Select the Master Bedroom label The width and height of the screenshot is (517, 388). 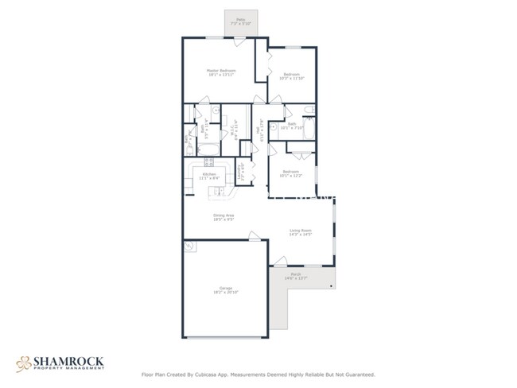click(x=222, y=72)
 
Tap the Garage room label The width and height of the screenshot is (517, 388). click(x=227, y=290)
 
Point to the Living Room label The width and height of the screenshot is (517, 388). click(x=300, y=232)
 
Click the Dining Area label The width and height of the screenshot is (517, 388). click(x=223, y=217)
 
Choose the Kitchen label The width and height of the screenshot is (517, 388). click(x=209, y=176)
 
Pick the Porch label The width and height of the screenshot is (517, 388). click(x=295, y=276)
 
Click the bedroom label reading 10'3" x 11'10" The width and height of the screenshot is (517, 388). click(x=291, y=76)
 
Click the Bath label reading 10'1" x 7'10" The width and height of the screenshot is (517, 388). click(x=292, y=126)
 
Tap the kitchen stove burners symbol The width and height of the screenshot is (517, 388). click(x=208, y=163)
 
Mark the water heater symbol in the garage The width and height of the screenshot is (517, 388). click(x=189, y=247)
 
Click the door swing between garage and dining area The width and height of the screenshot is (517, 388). click(x=254, y=235)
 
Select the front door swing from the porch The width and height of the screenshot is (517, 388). click(x=280, y=261)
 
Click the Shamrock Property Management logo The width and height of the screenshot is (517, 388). click(x=60, y=363)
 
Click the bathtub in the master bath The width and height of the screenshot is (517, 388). click(x=208, y=149)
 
